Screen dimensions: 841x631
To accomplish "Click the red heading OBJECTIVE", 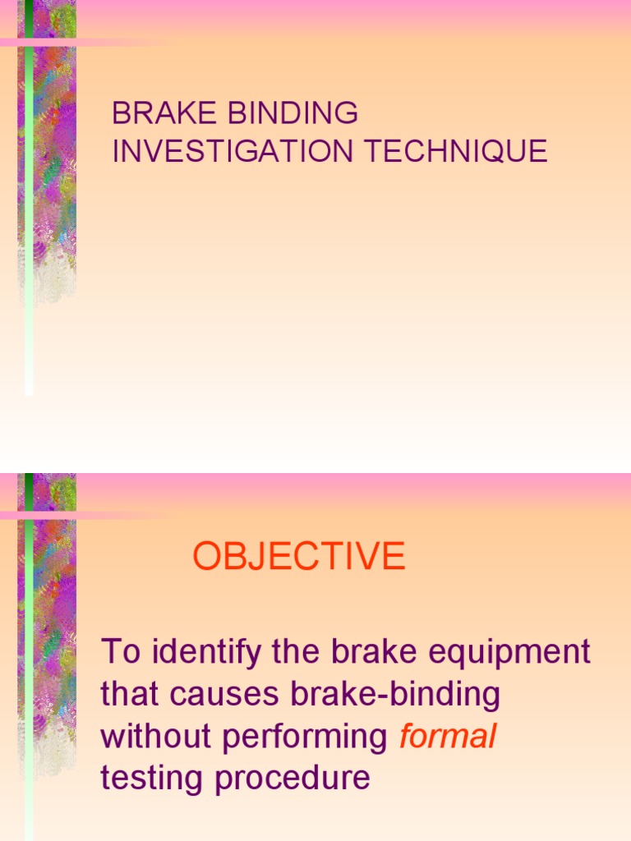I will click(x=299, y=557).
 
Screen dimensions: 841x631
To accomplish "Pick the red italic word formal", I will click(x=448, y=737).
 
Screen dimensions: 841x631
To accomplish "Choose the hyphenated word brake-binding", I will click(x=395, y=695).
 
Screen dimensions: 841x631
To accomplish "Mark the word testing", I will click(x=153, y=778).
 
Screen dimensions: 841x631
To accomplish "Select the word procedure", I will click(x=292, y=778).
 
